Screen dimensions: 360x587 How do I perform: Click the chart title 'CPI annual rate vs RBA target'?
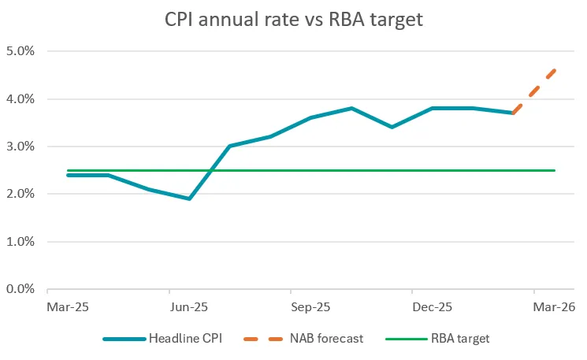click(x=293, y=18)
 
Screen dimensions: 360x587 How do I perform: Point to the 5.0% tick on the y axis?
click(x=23, y=51)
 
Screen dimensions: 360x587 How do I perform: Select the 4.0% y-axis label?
click(x=23, y=99)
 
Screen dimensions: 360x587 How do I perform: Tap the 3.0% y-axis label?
click(x=23, y=147)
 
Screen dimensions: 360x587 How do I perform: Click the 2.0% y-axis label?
click(x=23, y=194)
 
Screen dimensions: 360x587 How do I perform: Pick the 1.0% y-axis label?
click(x=23, y=242)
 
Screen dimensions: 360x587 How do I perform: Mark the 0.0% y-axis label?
click(x=23, y=289)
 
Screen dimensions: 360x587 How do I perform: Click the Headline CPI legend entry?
click(x=163, y=339)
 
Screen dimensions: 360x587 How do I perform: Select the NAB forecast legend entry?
click(x=304, y=339)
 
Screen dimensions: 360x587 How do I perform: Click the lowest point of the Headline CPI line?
click(x=189, y=199)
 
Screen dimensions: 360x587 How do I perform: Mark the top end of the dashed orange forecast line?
click(x=555, y=70)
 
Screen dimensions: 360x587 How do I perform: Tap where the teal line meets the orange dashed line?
click(x=514, y=113)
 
